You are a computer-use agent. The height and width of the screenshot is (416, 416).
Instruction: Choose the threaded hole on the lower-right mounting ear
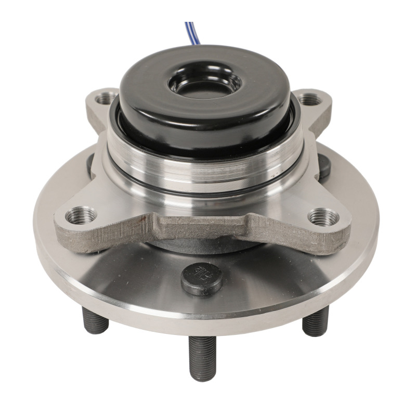point(323,216)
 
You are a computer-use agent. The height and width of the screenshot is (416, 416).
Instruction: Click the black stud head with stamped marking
point(202,279)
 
